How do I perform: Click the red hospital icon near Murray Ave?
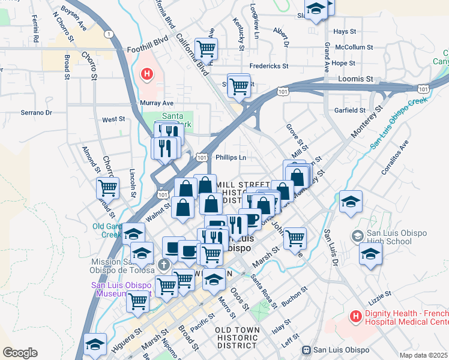coord(146,75)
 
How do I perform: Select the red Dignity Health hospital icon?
coord(355,316)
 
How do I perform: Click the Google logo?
coord(20,352)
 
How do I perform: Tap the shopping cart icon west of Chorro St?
coord(107,188)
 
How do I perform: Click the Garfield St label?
coord(350,110)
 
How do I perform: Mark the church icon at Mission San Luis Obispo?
coord(163,265)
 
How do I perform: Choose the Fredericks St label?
coord(269,66)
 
